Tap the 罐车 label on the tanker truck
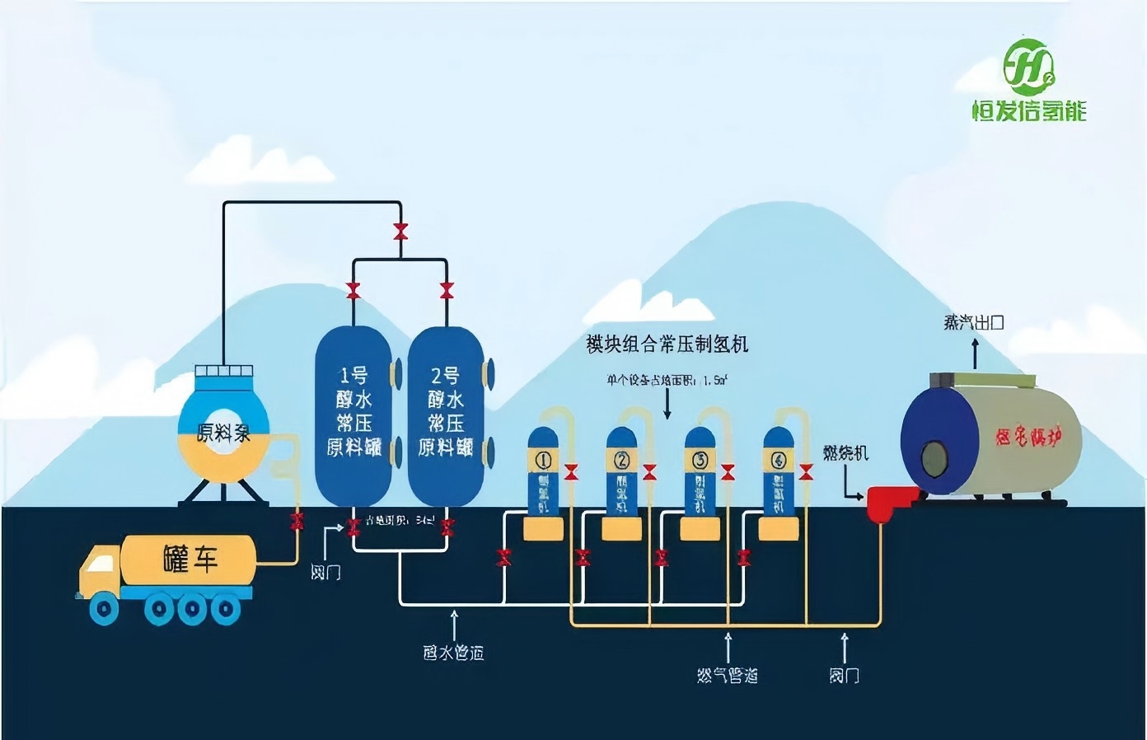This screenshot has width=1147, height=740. (190, 560)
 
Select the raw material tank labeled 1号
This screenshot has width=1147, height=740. (353, 414)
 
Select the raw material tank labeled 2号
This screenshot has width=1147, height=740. (445, 414)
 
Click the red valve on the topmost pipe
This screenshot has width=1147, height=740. (400, 231)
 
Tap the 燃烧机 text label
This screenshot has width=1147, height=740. (845, 452)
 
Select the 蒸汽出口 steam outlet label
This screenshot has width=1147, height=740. (974, 322)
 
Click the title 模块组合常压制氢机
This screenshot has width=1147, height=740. (667, 344)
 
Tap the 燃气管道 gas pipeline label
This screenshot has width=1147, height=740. (727, 676)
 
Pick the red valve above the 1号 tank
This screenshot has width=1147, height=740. (353, 290)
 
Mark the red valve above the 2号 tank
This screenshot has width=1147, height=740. (447, 290)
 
